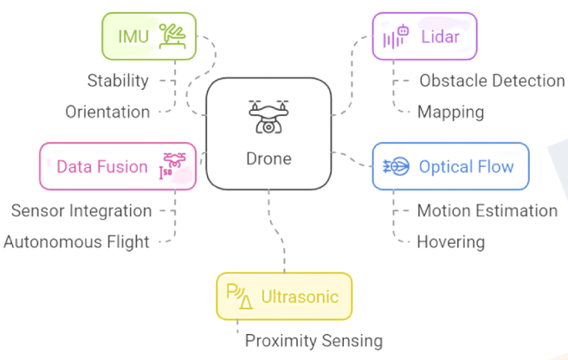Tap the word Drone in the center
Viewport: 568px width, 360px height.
click(268, 158)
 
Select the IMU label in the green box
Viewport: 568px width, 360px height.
click(133, 36)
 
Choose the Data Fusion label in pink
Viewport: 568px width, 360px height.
click(102, 166)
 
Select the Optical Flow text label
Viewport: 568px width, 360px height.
click(466, 166)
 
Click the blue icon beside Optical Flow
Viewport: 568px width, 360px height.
click(396, 166)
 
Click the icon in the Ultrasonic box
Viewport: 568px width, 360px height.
click(239, 296)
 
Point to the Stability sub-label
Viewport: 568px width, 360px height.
click(118, 80)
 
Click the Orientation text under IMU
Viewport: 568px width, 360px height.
click(107, 112)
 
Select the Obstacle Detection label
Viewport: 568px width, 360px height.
click(492, 80)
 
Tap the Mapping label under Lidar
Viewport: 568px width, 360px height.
click(450, 112)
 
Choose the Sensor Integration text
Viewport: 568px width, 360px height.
click(81, 210)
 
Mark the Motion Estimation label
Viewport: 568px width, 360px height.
click(487, 210)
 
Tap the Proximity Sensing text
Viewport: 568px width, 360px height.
click(313, 340)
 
